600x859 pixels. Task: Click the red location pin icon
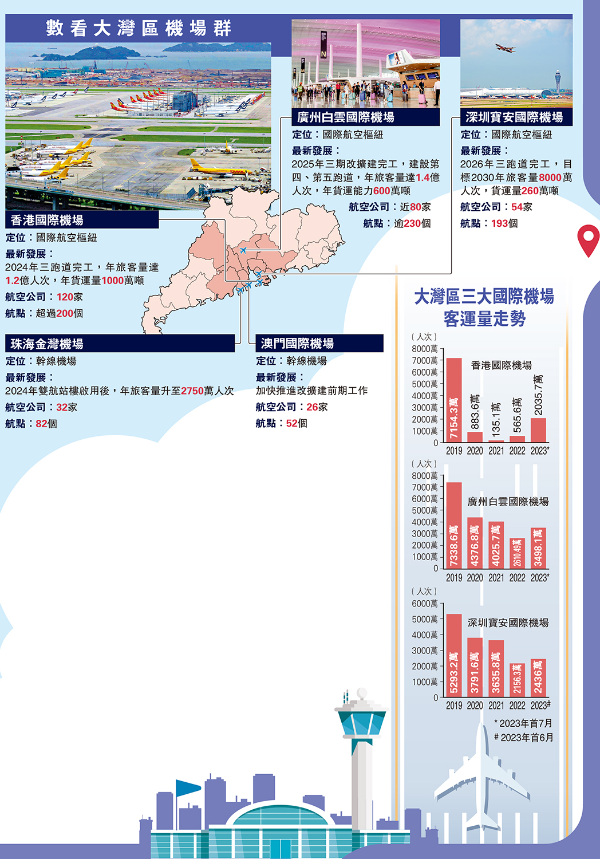pyautogui.click(x=588, y=239)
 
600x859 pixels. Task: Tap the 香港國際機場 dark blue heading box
pyautogui.click(x=82, y=220)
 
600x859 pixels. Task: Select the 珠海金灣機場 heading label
pyautogui.click(x=120, y=344)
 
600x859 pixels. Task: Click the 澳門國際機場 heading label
pyautogui.click(x=319, y=344)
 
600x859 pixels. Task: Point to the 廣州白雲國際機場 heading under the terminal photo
pyautogui.click(x=365, y=117)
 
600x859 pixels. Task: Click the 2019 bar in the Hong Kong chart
pyautogui.click(x=453, y=400)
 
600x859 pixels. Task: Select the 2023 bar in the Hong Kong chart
pyautogui.click(x=538, y=430)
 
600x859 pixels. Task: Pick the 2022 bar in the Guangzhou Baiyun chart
pyautogui.click(x=517, y=553)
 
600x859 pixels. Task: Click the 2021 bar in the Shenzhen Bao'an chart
pyautogui.click(x=496, y=668)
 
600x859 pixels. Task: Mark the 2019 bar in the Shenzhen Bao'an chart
pyautogui.click(x=453, y=655)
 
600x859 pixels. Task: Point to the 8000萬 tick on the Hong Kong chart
pyautogui.click(x=425, y=349)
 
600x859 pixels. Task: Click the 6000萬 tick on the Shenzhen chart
pyautogui.click(x=425, y=604)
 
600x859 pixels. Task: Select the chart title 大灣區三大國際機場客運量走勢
pyautogui.click(x=484, y=308)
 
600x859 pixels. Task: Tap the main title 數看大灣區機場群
pyautogui.click(x=139, y=28)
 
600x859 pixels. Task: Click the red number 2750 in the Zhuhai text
pyautogui.click(x=192, y=391)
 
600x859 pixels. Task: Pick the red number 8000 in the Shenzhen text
pyautogui.click(x=550, y=178)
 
